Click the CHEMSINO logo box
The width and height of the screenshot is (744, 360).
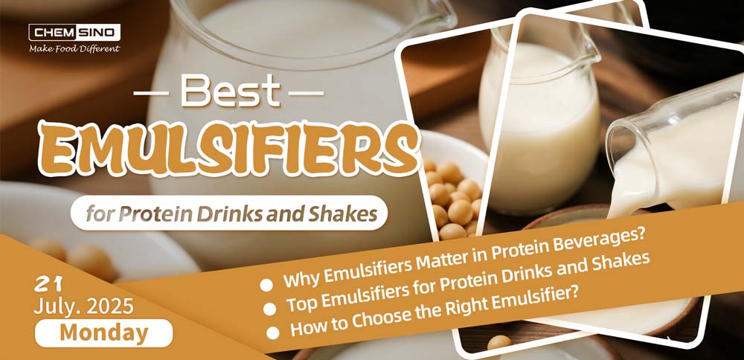[74, 32]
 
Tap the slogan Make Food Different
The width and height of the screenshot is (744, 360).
[74, 49]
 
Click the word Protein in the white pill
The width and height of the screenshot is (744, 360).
[158, 214]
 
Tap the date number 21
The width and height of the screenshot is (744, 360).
[48, 283]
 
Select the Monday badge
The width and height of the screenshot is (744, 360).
[103, 332]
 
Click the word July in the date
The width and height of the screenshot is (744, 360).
[55, 305]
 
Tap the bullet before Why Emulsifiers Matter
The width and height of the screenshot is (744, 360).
[266, 283]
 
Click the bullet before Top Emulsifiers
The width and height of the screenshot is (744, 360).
[269, 308]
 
